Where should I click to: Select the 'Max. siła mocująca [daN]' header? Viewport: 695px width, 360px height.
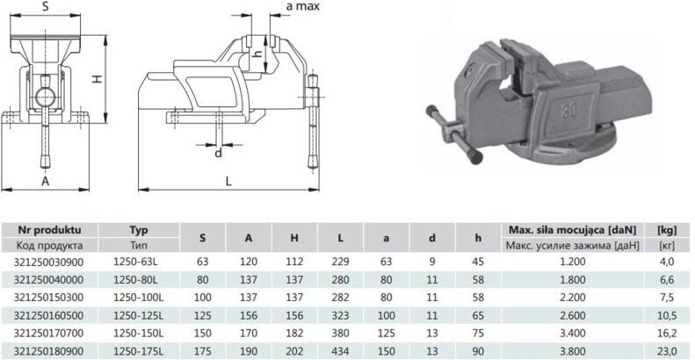[571, 229]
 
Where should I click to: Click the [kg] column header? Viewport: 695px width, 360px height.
[667, 229]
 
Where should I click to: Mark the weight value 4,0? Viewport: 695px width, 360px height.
[667, 262]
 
